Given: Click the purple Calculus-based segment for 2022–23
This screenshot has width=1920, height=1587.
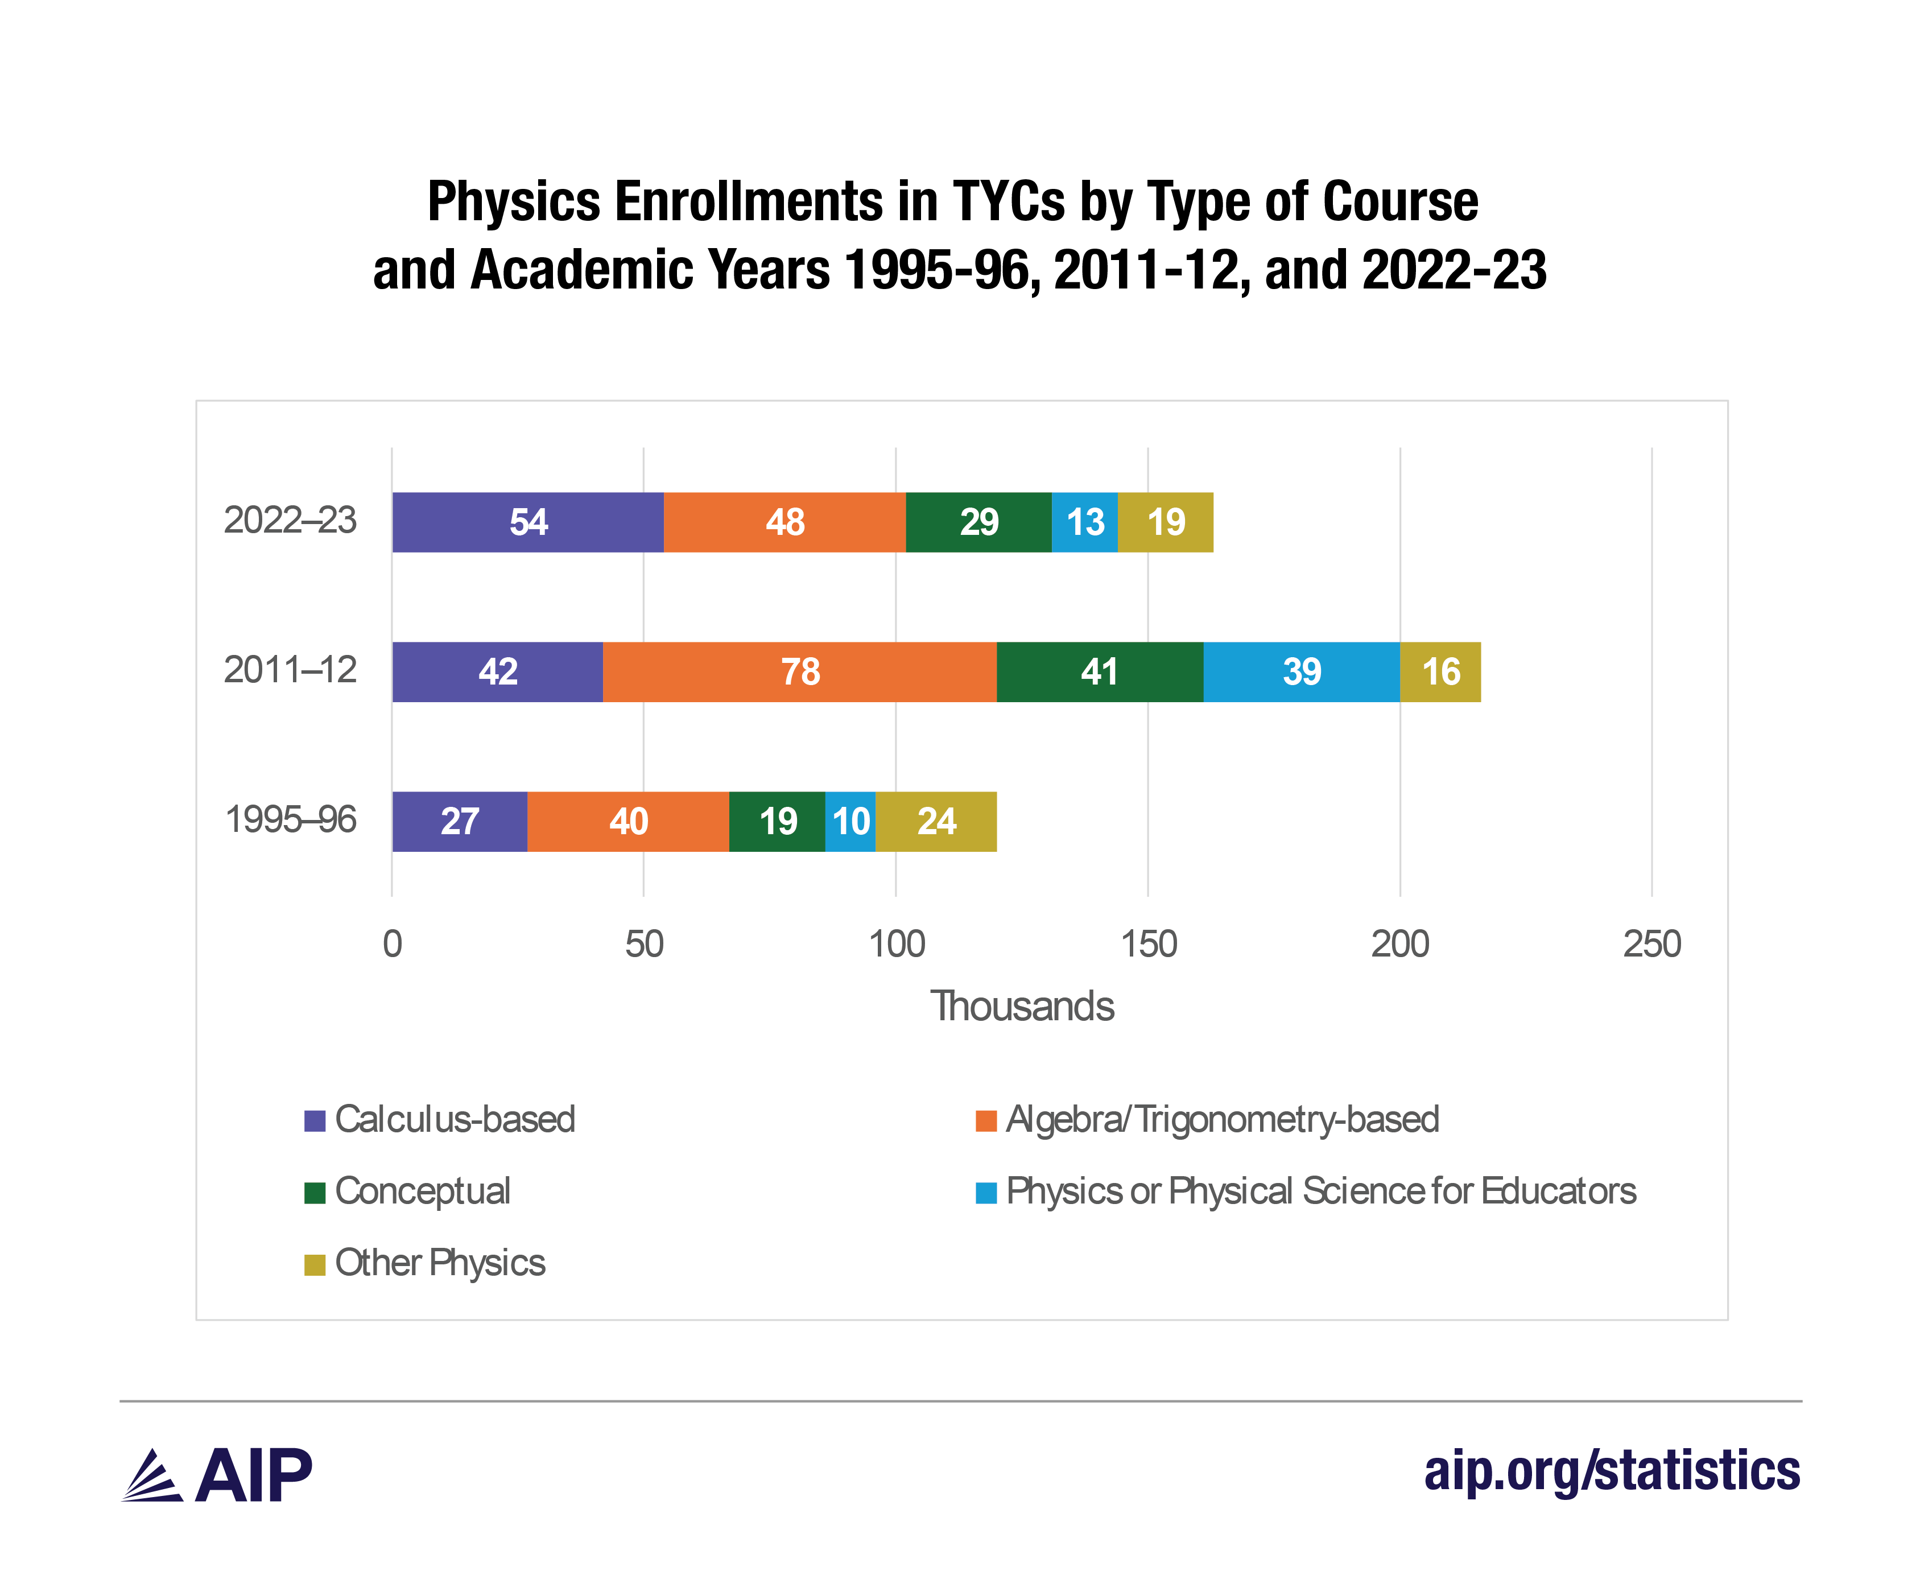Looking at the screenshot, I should point(527,522).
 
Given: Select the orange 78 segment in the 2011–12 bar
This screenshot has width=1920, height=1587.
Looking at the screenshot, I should point(800,672).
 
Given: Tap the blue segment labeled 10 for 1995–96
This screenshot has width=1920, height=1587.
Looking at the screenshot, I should point(850,821).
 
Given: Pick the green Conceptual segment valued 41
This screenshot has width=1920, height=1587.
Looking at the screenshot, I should point(1099,672).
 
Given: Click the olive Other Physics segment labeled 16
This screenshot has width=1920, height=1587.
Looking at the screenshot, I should point(1440,672).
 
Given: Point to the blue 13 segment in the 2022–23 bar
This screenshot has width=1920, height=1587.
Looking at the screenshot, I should point(1085,522).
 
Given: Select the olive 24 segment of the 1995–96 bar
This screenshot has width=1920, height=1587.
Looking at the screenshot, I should point(936,821).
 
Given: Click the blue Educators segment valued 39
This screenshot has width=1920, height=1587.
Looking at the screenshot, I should point(1301,672).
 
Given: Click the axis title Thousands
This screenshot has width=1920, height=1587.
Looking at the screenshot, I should point(1022,1007).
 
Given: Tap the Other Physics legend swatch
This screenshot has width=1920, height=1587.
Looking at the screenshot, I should point(315,1264).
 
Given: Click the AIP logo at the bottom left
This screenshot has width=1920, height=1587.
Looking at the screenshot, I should point(217,1475).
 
